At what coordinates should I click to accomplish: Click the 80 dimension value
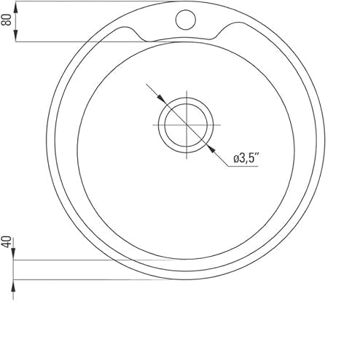[x=7, y=20]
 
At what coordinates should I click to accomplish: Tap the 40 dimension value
[x=7, y=242]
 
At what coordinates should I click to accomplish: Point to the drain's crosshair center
[x=186, y=125]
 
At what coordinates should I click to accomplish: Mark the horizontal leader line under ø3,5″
[x=248, y=166]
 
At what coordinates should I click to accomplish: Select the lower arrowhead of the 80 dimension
[x=15, y=38]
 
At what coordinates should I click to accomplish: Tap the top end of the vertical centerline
[x=186, y=92]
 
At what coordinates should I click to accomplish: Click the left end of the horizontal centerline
[x=153, y=125]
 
